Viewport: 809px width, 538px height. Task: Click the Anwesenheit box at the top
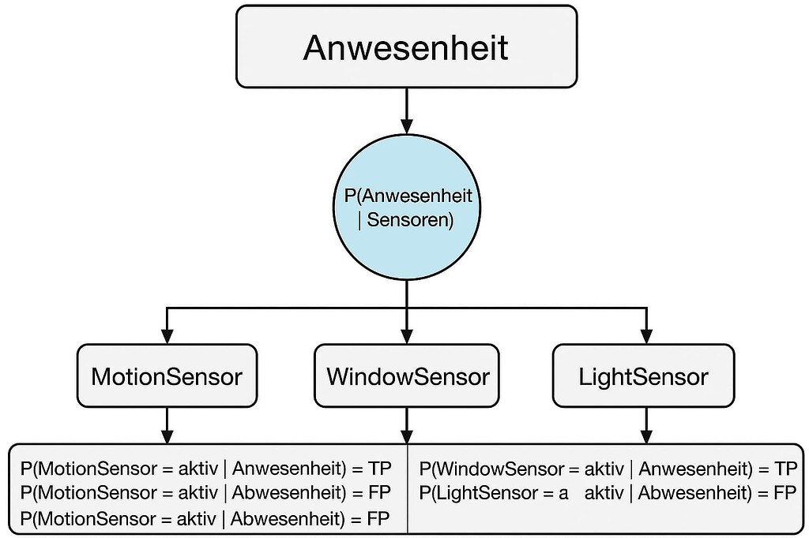(x=406, y=47)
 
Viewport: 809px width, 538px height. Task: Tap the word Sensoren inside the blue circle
(x=411, y=220)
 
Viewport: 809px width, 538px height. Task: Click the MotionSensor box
(x=167, y=375)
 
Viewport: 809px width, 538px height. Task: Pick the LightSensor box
(x=644, y=375)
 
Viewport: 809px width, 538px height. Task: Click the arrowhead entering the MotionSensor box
(x=167, y=334)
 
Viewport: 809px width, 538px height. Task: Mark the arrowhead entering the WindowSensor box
(x=406, y=334)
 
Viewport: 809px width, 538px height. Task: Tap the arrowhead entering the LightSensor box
(x=646, y=334)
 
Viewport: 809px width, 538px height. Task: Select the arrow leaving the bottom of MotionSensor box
(x=167, y=426)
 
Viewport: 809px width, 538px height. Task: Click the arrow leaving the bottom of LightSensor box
(x=646, y=426)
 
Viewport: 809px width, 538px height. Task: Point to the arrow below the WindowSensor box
(x=406, y=426)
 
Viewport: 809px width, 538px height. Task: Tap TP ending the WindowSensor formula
(x=785, y=470)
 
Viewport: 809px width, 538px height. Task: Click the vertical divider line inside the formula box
(x=407, y=489)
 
